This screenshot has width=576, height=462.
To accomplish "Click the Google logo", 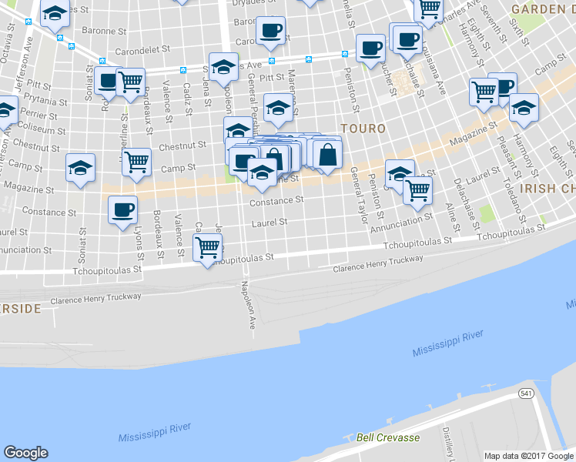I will (26, 453).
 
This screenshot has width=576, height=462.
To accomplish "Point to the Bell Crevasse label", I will (387, 437).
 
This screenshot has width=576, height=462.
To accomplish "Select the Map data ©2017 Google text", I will (529, 456).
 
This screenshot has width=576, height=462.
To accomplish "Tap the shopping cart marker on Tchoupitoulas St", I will (208, 249).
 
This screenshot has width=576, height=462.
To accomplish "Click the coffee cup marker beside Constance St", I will (123, 210).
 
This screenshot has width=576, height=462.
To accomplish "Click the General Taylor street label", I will (360, 196).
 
